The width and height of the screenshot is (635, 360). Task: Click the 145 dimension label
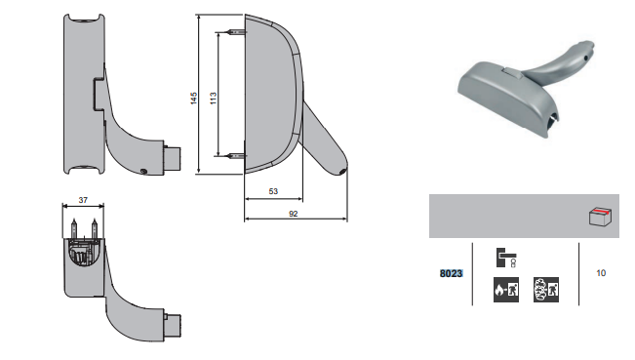tap(193, 99)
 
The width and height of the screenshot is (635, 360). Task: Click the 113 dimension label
tap(213, 99)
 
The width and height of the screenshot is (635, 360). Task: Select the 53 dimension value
tap(273, 191)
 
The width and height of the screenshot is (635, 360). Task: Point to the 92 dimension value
tap(294, 214)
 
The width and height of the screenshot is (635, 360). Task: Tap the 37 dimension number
tap(83, 200)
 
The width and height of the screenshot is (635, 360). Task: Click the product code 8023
tap(452, 274)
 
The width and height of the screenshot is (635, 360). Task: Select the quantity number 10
tap(601, 273)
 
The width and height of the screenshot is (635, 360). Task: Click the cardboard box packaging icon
tap(600, 217)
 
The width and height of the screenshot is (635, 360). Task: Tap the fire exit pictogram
tap(506, 290)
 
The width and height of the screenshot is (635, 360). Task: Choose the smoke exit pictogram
tap(546, 290)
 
